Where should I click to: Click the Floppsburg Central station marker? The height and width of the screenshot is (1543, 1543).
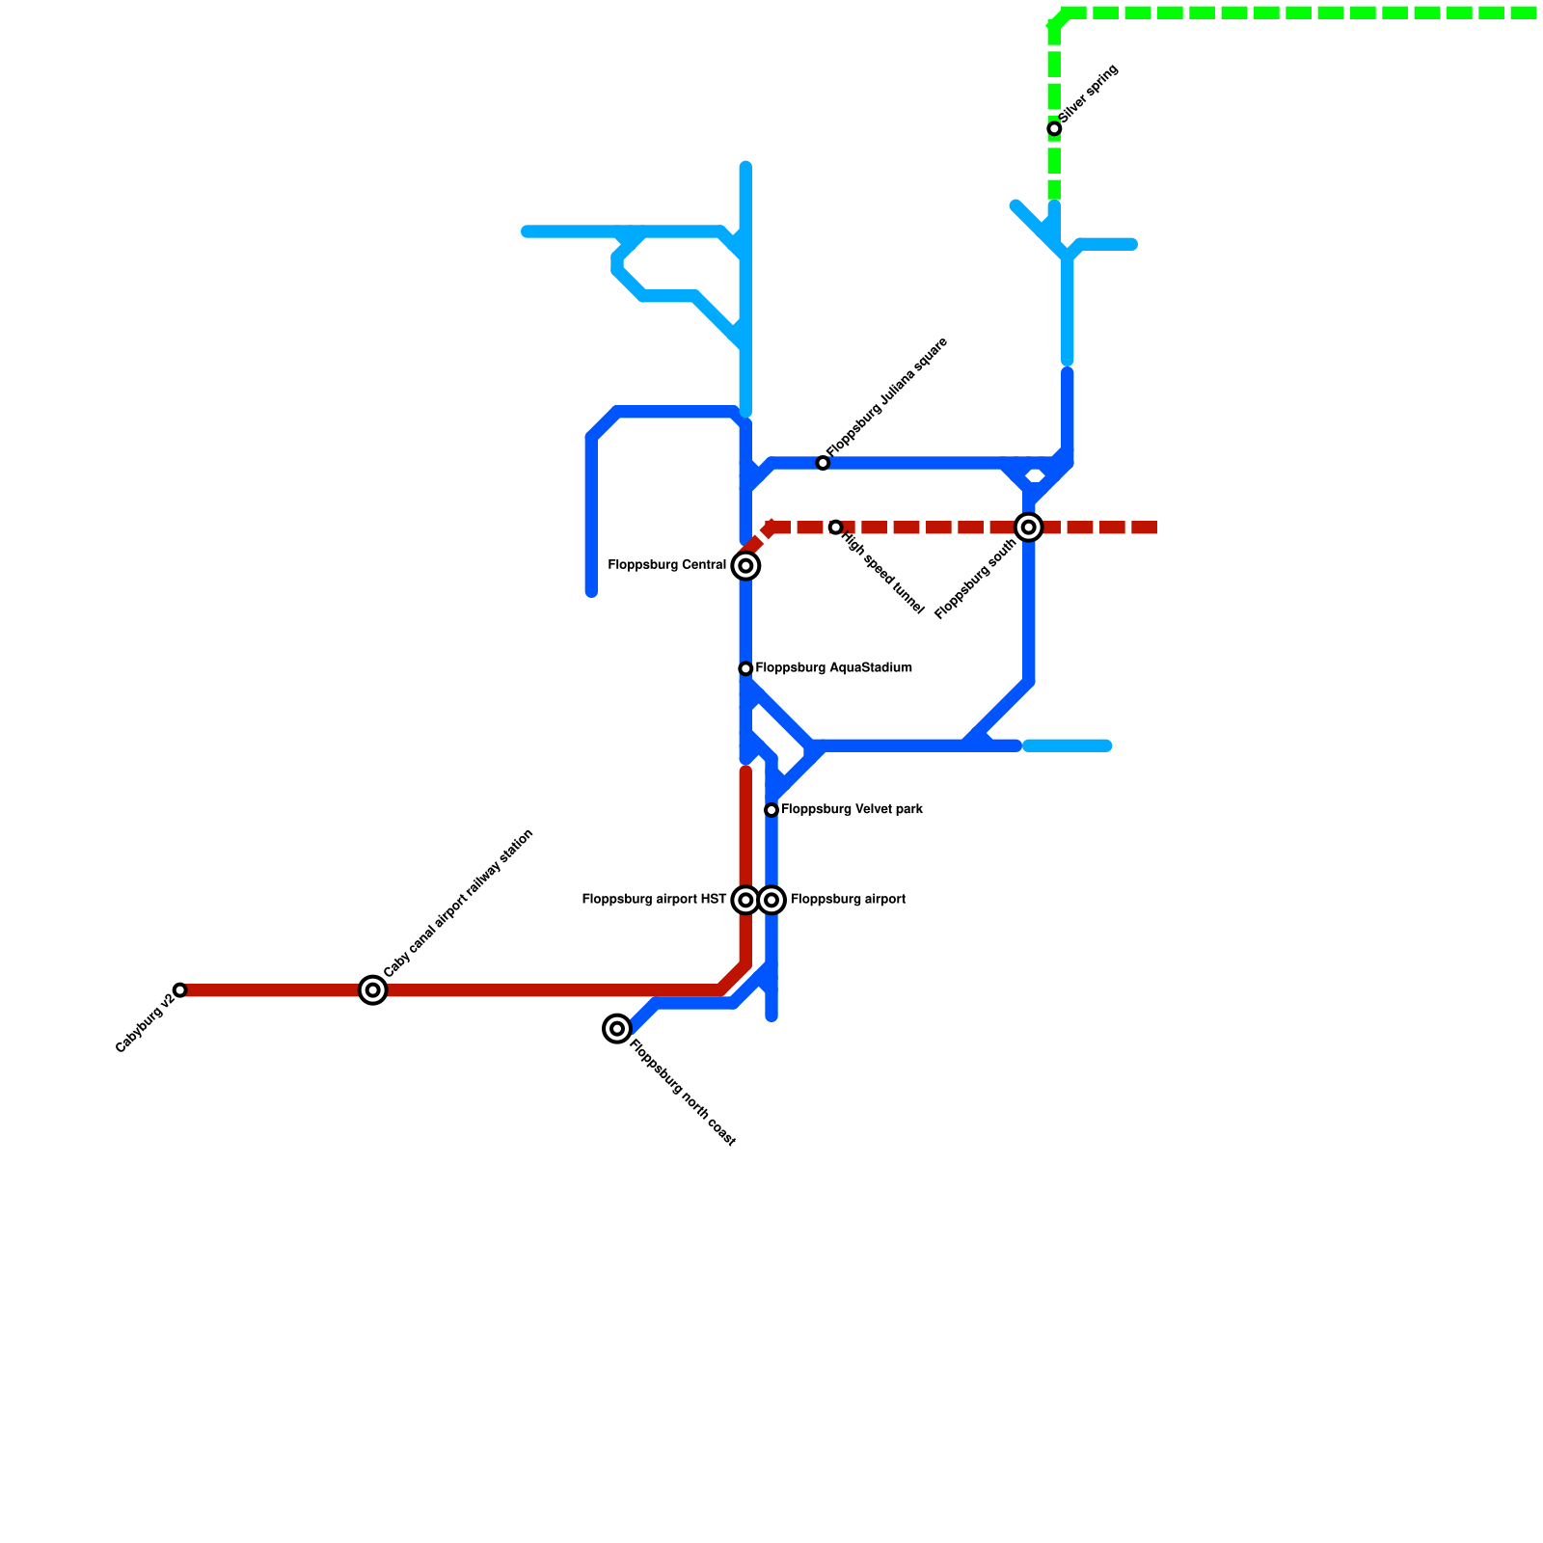click(745, 566)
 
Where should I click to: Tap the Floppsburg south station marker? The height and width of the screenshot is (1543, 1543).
click(1029, 528)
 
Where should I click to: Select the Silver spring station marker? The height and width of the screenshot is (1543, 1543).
click(1054, 129)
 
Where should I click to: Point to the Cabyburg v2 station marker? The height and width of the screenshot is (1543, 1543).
click(179, 990)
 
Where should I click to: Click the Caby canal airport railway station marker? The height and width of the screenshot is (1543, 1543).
click(373, 990)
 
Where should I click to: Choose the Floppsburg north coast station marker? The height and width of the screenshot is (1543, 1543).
click(617, 1029)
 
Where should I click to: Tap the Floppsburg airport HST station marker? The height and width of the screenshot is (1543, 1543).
click(745, 901)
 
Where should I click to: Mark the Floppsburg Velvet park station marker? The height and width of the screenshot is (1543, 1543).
click(771, 810)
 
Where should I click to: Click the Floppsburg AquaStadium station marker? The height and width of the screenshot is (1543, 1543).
click(745, 669)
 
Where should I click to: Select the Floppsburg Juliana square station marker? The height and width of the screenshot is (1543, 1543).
click(823, 464)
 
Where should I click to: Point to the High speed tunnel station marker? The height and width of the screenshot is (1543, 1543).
click(835, 528)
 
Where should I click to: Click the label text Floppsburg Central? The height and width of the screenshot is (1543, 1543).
click(666, 565)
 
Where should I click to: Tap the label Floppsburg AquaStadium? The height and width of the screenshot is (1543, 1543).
click(833, 668)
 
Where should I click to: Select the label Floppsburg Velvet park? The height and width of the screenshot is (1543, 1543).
click(852, 810)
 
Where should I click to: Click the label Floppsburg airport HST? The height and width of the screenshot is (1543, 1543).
click(654, 900)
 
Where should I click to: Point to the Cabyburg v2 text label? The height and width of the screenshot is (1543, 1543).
click(144, 1024)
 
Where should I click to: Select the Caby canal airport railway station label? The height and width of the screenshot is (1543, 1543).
click(458, 903)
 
